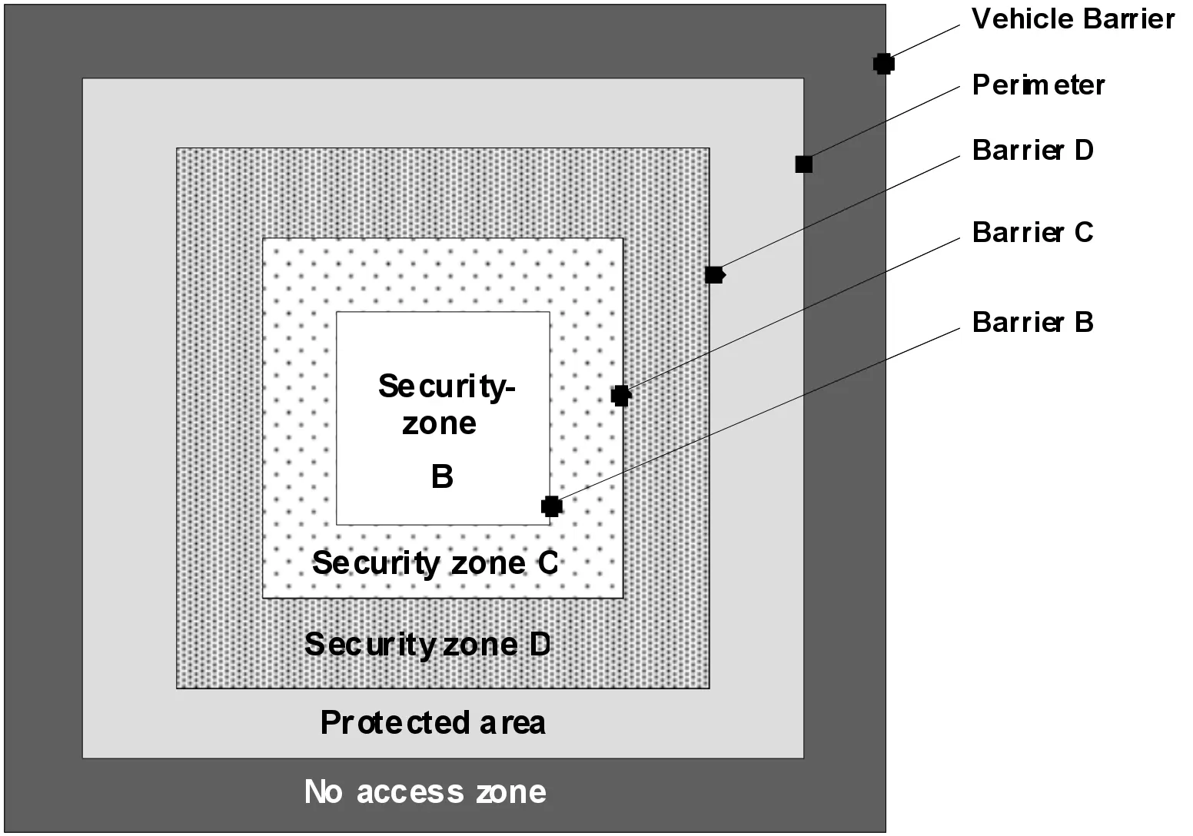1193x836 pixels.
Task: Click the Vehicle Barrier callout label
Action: click(x=1072, y=19)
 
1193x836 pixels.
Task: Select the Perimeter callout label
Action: click(x=1038, y=85)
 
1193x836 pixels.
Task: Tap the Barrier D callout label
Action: click(x=1032, y=150)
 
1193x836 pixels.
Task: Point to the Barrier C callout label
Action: click(x=1032, y=232)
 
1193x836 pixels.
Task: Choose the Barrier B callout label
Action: click(x=1032, y=322)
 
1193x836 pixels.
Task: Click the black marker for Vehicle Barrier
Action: click(x=883, y=64)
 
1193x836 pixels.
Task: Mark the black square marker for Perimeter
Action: click(x=804, y=164)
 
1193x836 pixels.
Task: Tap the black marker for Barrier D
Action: click(x=715, y=275)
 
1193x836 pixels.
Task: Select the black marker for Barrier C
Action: click(x=621, y=396)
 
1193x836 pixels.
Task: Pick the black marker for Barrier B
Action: click(x=552, y=506)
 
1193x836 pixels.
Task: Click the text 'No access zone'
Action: click(x=425, y=791)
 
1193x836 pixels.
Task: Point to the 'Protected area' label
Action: click(x=433, y=722)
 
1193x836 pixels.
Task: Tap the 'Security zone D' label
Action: click(x=427, y=645)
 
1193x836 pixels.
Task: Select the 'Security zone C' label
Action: click(x=435, y=562)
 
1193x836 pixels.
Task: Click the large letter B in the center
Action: click(x=442, y=476)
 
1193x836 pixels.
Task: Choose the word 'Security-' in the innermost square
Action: click(x=447, y=387)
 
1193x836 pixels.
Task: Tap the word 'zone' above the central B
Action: click(x=440, y=424)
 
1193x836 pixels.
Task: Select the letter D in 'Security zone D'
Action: click(x=540, y=645)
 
